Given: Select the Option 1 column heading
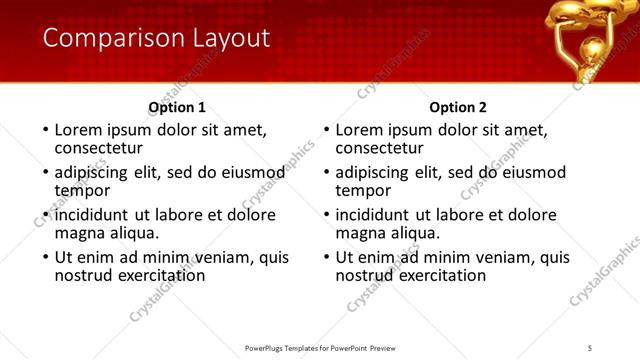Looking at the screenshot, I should (177, 107).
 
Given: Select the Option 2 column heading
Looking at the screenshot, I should (458, 107).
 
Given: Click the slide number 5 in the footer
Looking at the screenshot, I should (591, 347).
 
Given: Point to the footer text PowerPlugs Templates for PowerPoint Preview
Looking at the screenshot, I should (320, 347).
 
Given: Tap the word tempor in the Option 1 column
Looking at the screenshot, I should (82, 190).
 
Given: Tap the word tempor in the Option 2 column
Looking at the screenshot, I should (363, 190).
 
